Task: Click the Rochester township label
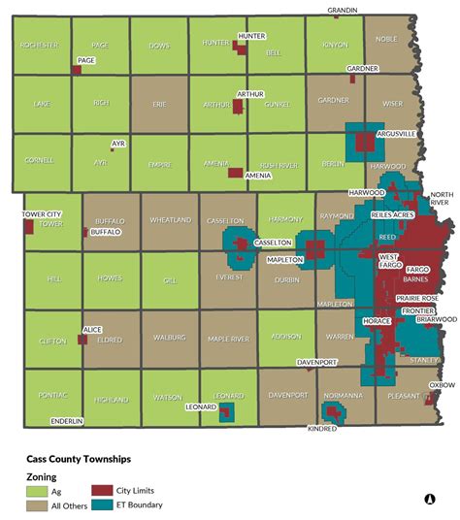pos(38,45)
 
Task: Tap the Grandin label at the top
pos(342,10)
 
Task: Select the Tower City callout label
pos(44,214)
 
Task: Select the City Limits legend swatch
pos(102,491)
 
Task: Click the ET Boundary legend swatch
pos(102,504)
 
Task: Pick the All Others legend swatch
pos(36,504)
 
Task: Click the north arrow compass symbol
pos(428,500)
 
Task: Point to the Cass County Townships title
pos(78,458)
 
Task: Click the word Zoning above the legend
pos(41,476)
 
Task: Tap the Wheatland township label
pos(170,220)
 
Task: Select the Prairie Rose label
pos(416,298)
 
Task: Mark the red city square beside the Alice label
pos(82,341)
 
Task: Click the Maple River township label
pos(228,339)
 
